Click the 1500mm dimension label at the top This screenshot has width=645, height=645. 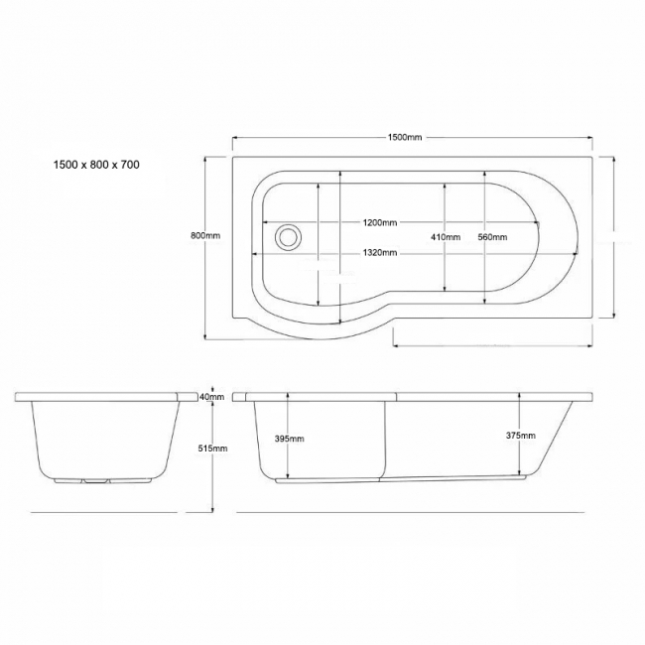[405, 137]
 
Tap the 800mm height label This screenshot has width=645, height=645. [204, 235]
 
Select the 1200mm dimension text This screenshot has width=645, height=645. [379, 221]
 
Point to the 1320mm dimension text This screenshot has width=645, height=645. [379, 253]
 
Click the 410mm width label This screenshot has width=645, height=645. [446, 237]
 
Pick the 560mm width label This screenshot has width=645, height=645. [492, 237]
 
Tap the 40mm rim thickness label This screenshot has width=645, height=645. [211, 396]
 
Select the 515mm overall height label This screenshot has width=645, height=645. [213, 449]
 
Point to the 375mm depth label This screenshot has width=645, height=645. [520, 435]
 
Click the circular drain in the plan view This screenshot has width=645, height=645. [289, 237]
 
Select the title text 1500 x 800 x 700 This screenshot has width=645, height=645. [96, 166]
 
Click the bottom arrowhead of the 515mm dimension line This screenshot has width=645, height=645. [214, 509]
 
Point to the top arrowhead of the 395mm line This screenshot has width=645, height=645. [287, 396]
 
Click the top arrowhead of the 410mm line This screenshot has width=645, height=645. [445, 185]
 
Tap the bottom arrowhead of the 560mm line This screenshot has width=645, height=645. [483, 290]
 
